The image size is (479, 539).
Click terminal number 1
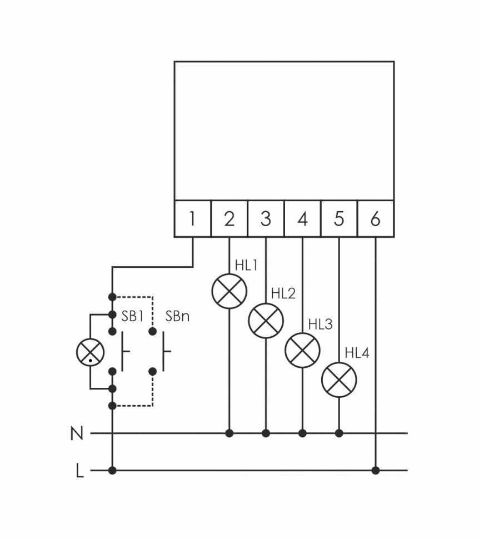pos(192,219)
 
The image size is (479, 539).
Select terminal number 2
pos(229,219)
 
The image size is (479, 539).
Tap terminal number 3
pos(266,219)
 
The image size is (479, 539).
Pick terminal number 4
pos(302,219)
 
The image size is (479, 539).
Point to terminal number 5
pos(339,219)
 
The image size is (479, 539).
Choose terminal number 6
pos(376,219)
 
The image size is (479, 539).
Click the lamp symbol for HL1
pos(229,291)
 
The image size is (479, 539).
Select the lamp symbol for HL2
pos(266,320)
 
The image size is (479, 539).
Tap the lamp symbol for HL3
pos(302,350)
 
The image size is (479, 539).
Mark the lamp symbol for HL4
pos(339,380)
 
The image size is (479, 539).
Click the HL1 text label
pos(246,266)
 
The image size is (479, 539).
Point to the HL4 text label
pos(357,353)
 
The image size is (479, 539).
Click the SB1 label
pos(133,317)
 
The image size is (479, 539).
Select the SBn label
pos(177,317)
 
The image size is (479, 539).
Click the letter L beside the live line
pos(79,472)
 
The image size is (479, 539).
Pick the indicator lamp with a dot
pos(90,352)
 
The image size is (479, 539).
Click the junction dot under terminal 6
pos(376,471)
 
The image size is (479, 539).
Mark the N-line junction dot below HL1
pos(229,433)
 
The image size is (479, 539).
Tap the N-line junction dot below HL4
pos(339,433)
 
